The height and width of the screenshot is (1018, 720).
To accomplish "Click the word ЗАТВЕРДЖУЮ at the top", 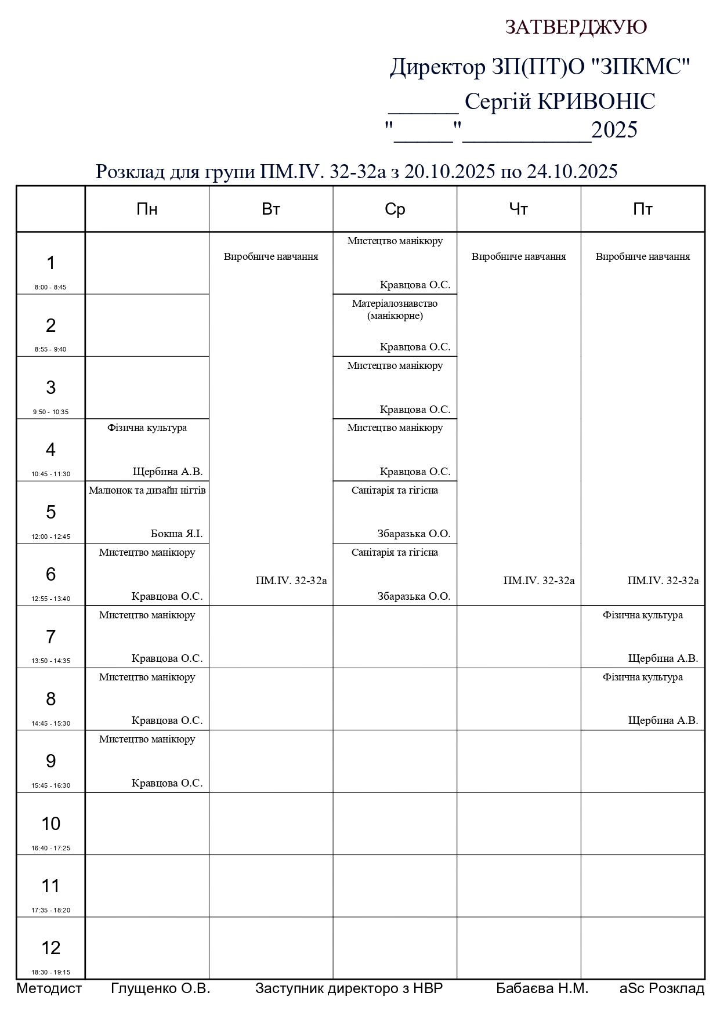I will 576,27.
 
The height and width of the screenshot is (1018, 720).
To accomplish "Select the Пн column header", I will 147,209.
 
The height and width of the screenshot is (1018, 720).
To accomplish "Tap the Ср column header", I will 395,209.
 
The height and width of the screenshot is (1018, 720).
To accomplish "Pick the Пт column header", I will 642,209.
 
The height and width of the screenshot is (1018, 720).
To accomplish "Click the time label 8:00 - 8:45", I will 50,287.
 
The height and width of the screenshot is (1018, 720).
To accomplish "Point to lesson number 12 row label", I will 50,947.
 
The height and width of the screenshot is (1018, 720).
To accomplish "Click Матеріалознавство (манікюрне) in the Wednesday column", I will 395,310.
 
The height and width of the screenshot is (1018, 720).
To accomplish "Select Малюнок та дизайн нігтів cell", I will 147,491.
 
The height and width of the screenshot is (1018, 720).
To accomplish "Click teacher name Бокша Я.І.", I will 176,534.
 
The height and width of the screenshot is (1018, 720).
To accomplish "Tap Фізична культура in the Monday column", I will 147,428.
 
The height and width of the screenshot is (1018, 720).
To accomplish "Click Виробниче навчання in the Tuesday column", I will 271,256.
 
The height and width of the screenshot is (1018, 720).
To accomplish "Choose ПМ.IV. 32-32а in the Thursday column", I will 539,581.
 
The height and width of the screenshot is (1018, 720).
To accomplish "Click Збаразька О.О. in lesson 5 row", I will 414,534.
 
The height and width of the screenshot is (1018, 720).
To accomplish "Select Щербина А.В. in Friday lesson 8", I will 663,720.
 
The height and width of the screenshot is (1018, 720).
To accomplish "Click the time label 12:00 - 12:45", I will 50,537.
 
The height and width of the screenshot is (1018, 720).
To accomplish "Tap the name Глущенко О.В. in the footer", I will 160,988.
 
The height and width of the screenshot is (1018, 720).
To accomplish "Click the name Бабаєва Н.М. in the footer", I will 542,988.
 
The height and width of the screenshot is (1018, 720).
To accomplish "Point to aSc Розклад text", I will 661,988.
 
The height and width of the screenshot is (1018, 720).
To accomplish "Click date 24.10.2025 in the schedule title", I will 571,172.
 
